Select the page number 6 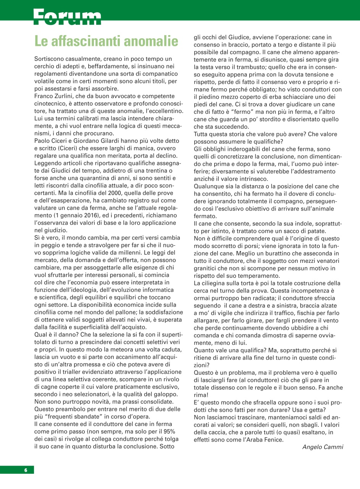[x=26, y=470]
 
